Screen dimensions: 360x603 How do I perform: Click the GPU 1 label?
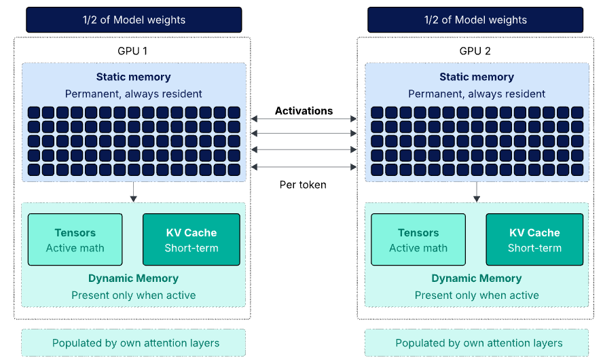pos(133,51)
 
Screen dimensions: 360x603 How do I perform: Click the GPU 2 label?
pos(475,51)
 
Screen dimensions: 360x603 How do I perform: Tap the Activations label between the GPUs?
pos(304,111)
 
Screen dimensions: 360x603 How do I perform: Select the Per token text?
pos(303,184)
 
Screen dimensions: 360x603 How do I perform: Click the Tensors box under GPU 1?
pos(75,239)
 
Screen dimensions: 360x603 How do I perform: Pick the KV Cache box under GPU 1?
pos(191,239)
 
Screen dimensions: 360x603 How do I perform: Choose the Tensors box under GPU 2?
pos(418,239)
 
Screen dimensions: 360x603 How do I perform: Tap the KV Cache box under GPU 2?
pos(534,239)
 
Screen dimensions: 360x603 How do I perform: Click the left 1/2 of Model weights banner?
pos(134,20)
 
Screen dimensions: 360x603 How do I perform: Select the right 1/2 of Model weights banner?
pos(476,20)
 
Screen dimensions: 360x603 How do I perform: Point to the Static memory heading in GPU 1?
pos(133,77)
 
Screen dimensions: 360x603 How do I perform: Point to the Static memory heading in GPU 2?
pos(476,77)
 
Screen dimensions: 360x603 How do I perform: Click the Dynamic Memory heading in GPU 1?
pos(133,278)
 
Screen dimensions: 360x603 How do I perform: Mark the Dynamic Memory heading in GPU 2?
pos(476,278)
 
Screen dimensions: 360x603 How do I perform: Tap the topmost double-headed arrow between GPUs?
pos(304,119)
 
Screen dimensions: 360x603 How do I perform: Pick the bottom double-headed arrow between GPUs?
pos(304,166)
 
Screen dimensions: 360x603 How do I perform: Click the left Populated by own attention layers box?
pos(134,343)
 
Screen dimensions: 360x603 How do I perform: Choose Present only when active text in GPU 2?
pos(476,295)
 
